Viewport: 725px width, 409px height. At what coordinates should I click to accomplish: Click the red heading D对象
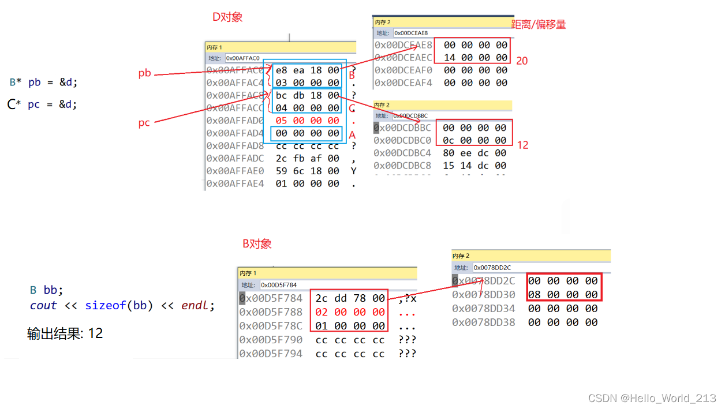227,17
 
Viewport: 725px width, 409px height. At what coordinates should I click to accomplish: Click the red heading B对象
257,244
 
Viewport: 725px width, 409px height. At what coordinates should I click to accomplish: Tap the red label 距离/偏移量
539,24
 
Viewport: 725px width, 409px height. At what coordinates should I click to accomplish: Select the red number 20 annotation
522,61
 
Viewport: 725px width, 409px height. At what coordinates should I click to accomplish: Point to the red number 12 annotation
522,145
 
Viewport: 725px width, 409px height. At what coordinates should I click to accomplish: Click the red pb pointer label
144,73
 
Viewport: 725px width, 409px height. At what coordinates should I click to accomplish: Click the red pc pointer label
144,123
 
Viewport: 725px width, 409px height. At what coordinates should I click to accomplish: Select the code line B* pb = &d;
43,82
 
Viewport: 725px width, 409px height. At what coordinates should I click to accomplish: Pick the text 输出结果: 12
65,333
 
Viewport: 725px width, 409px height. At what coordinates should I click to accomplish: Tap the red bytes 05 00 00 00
307,121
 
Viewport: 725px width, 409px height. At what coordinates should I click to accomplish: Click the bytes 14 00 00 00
476,58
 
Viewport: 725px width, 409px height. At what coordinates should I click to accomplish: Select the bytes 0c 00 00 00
474,140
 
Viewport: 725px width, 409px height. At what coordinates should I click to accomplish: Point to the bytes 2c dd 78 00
350,298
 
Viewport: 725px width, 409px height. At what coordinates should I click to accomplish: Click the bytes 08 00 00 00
563,295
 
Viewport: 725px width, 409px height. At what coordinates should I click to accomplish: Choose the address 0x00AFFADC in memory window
235,158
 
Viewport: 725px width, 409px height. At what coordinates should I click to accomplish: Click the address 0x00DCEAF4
403,82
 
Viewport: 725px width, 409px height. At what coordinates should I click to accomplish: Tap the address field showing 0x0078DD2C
492,268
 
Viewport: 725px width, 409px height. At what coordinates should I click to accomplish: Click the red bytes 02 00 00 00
350,312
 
